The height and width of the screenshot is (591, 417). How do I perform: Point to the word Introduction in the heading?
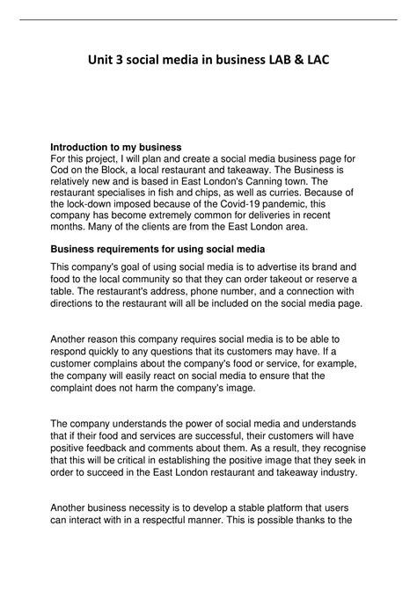click(x=84, y=146)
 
